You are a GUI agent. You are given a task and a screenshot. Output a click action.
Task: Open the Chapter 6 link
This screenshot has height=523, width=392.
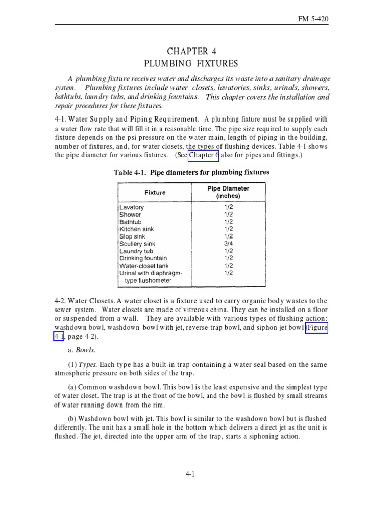coord(204,155)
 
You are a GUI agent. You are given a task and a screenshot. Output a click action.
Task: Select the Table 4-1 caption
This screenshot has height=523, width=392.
coord(191,172)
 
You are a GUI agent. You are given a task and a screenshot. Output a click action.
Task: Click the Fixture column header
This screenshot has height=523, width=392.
coord(155,193)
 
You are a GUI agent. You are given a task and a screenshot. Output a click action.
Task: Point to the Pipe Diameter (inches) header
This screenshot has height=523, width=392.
coord(228,192)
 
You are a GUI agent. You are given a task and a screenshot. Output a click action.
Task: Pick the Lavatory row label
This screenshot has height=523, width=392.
coord(132,208)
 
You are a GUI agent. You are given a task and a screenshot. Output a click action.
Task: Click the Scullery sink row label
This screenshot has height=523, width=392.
coord(137,244)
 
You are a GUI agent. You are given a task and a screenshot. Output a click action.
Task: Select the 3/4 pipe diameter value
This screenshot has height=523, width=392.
coord(228,244)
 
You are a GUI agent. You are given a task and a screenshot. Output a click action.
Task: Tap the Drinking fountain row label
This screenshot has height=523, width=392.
coord(144,258)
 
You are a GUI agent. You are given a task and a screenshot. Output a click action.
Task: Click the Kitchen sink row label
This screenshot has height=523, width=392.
coord(136,229)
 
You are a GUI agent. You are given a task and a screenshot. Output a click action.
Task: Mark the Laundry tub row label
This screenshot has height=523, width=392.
coord(136,251)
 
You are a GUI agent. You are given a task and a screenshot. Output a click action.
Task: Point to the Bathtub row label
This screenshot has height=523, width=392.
coord(131,222)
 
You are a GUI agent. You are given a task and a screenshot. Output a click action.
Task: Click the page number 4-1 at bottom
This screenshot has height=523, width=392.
coord(190,474)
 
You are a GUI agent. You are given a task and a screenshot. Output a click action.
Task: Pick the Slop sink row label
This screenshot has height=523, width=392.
coord(132,237)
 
